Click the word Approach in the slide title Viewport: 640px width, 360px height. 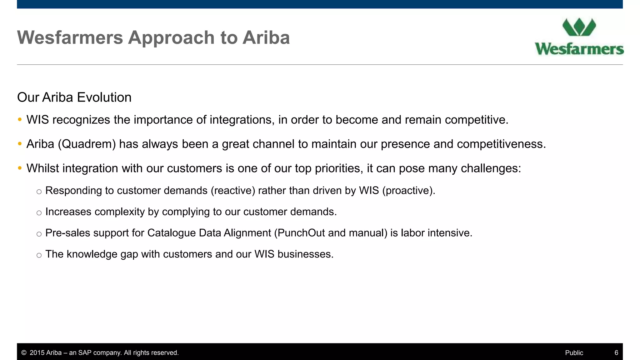tap(172, 38)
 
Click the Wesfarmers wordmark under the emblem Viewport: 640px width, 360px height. tap(579, 49)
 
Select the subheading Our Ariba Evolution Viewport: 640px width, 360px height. tap(74, 97)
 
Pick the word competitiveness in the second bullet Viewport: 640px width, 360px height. tap(501, 144)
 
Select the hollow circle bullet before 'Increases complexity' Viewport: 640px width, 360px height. tap(39, 213)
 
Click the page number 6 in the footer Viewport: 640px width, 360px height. tap(616, 353)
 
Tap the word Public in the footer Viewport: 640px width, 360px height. tap(574, 353)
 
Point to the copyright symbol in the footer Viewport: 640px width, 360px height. tap(24, 353)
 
